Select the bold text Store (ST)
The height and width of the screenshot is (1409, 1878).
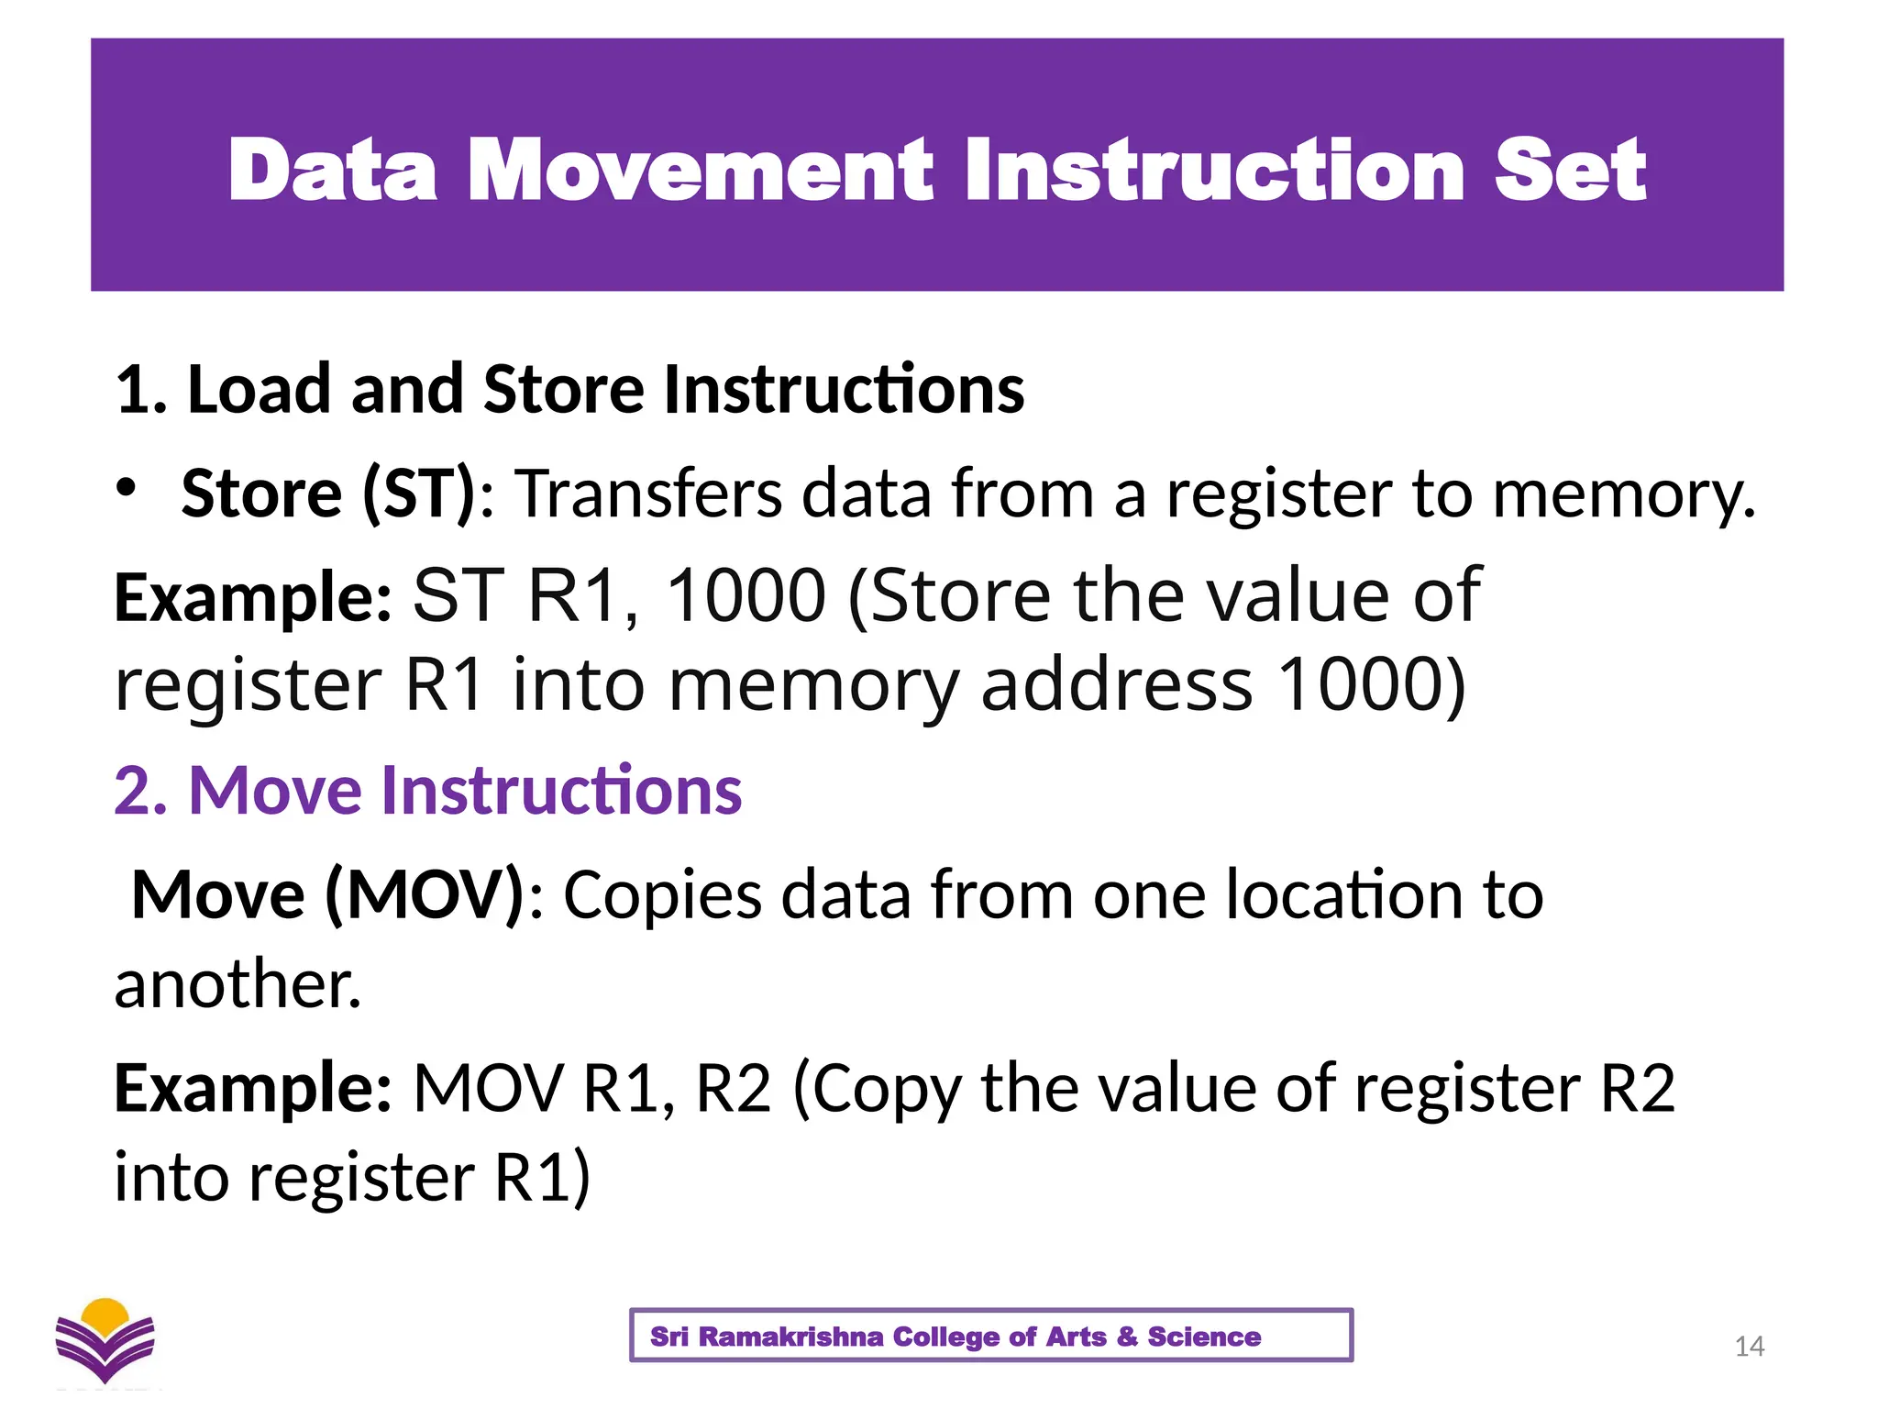click(x=328, y=494)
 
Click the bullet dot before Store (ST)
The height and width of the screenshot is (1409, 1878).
click(x=127, y=487)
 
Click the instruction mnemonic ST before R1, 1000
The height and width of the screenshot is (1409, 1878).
click(x=458, y=596)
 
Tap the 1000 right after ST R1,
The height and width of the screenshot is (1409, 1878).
click(x=745, y=596)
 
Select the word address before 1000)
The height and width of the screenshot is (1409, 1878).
click(x=1116, y=685)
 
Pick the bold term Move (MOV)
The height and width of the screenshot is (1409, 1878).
click(x=327, y=894)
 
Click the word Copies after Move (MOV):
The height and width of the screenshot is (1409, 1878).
click(x=661, y=894)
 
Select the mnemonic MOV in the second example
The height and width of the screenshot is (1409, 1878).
click(x=487, y=1089)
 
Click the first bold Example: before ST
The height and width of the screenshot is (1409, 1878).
click(x=253, y=597)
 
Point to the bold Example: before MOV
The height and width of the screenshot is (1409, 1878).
click(x=253, y=1089)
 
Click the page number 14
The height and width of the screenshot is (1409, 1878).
click(x=1749, y=1346)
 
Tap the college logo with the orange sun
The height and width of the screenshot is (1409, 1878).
click(x=105, y=1339)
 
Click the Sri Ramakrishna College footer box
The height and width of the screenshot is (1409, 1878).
click(x=990, y=1336)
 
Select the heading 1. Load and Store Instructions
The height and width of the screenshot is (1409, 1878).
click(x=569, y=390)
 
